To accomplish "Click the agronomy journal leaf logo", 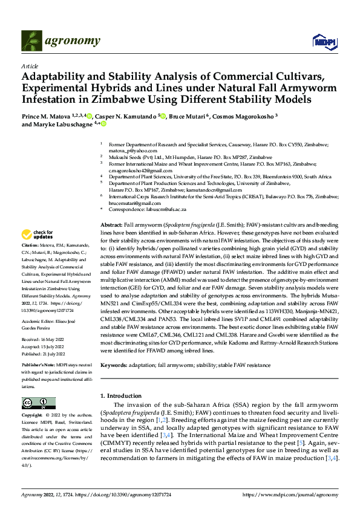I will tap(30, 41).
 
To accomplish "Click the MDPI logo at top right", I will tap(321, 41).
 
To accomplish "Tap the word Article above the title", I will tap(30, 66).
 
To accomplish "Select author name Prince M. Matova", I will tap(47, 115).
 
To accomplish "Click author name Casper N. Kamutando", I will tap(126, 115).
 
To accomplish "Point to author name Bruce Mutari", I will tap(186, 115).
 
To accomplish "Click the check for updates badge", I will tap(38, 235).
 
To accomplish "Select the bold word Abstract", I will tap(111, 224).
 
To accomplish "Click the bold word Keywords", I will tap(113, 366).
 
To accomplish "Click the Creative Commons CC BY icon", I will tap(38, 403).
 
